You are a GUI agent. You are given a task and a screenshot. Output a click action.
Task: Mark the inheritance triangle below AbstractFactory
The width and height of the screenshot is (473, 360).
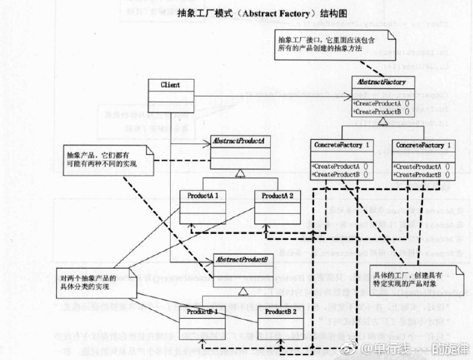[x=380, y=121]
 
